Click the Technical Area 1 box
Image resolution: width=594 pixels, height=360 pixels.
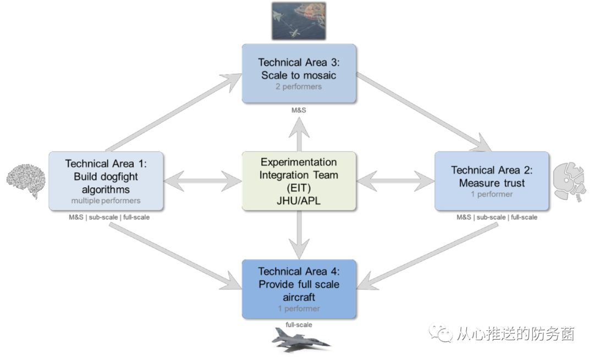click(106, 181)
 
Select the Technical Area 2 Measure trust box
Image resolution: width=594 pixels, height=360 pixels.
click(492, 181)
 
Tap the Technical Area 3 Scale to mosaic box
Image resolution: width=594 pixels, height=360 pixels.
click(299, 73)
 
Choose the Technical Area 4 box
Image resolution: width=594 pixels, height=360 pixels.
click(299, 288)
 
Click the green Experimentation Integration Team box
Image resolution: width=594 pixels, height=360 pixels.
click(299, 181)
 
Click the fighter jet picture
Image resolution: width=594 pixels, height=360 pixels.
click(300, 340)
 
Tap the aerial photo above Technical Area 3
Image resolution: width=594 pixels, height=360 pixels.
click(299, 20)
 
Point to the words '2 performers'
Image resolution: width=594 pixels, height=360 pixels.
click(299, 86)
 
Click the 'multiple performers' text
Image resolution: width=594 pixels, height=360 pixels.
click(106, 200)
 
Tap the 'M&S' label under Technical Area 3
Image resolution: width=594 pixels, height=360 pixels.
click(299, 111)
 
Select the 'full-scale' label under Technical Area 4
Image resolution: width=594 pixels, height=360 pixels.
click(299, 325)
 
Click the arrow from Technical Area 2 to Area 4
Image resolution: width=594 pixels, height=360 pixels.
click(426, 253)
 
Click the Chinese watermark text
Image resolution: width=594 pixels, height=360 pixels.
click(514, 334)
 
